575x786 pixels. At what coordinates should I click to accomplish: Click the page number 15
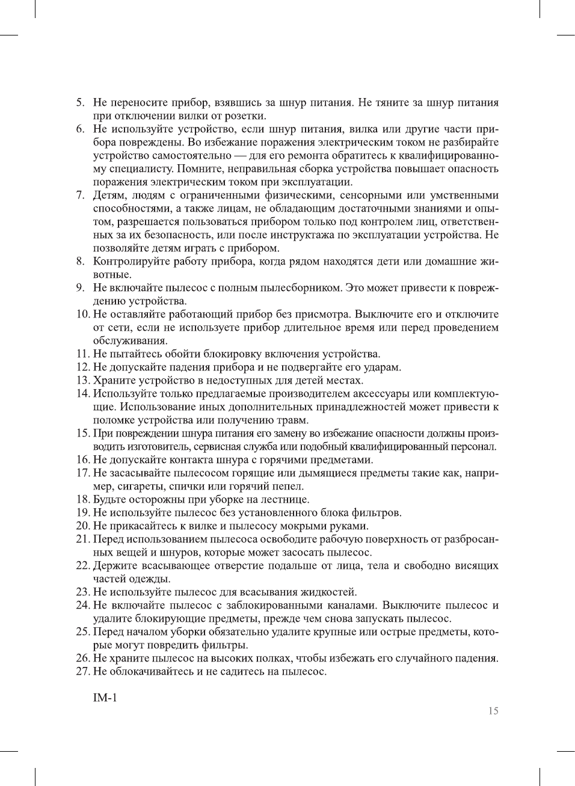[x=493, y=711]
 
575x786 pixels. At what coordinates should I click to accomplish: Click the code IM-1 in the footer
[x=105, y=698]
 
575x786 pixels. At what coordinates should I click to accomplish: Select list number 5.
[x=80, y=103]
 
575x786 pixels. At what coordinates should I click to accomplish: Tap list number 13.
[x=83, y=381]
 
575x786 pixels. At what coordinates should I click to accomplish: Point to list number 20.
[x=83, y=526]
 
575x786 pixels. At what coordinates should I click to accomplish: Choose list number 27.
[x=83, y=672]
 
